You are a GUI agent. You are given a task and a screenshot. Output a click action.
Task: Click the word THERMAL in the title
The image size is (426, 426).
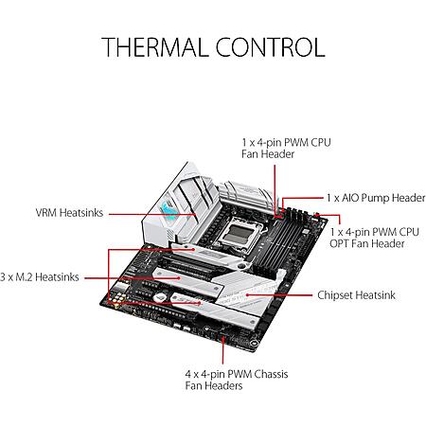[153, 47]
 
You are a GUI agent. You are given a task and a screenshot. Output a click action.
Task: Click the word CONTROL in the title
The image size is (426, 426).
[271, 47]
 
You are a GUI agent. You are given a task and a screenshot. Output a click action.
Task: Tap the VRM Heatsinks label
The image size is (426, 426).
[69, 213]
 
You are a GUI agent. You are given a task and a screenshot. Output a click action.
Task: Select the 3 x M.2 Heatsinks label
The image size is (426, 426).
[40, 277]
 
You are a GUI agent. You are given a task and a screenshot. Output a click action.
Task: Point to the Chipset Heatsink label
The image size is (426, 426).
[356, 295]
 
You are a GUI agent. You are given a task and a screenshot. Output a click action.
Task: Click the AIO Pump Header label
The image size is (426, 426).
[376, 198]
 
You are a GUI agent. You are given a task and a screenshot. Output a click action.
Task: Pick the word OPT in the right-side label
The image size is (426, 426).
[339, 243]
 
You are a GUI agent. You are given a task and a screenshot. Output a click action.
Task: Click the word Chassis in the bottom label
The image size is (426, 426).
[271, 374]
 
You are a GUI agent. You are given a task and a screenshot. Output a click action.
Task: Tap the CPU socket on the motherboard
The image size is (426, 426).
[239, 233]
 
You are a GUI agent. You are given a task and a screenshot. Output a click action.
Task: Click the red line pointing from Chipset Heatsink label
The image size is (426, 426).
[279, 295]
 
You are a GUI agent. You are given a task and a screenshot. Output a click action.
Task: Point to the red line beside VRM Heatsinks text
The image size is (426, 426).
[152, 214]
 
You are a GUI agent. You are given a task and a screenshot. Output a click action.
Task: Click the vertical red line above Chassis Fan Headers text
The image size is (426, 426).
[222, 350]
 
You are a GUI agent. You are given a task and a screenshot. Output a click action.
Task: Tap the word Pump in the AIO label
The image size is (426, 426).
[375, 198]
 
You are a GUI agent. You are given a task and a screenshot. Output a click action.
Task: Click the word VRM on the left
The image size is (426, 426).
[46, 213]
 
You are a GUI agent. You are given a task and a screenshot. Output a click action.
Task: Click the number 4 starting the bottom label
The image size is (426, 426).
[188, 374]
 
